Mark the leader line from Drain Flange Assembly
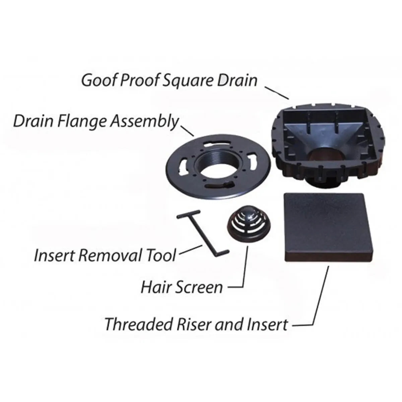(188, 130)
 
